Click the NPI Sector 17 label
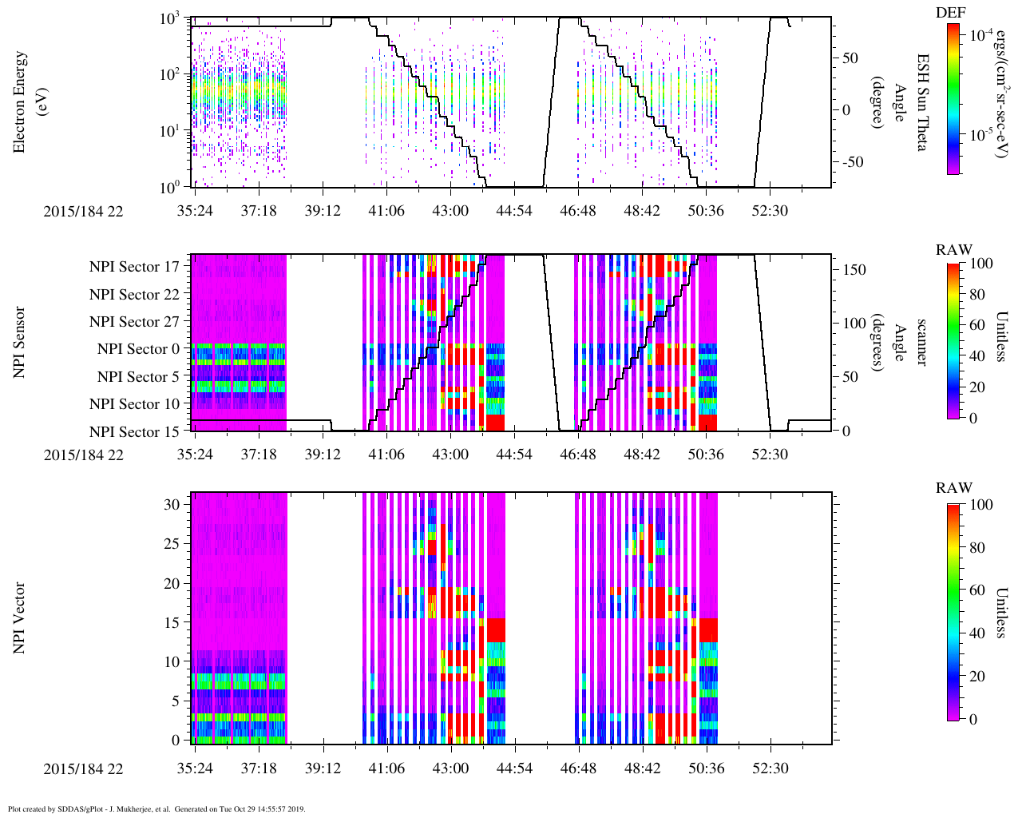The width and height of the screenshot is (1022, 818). click(x=134, y=267)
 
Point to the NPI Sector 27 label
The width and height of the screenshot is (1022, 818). click(x=134, y=322)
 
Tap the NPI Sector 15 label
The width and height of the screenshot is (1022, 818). click(x=134, y=432)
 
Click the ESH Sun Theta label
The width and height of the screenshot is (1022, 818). click(x=922, y=102)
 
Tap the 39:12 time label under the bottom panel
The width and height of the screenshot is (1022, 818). click(x=323, y=768)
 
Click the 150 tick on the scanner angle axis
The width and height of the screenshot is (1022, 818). click(x=855, y=270)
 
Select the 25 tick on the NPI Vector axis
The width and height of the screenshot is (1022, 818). click(x=176, y=543)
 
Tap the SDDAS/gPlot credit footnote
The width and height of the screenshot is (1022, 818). click(x=156, y=809)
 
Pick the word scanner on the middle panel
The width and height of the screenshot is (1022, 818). click(x=921, y=343)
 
